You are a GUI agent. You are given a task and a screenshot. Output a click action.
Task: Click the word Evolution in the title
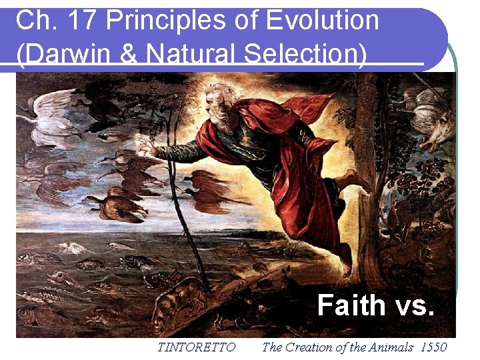[322, 21]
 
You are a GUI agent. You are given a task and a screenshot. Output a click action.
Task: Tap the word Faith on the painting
[351, 305]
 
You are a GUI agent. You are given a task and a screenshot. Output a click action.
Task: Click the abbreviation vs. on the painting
[415, 305]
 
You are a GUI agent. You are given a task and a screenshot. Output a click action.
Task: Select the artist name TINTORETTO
[196, 347]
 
